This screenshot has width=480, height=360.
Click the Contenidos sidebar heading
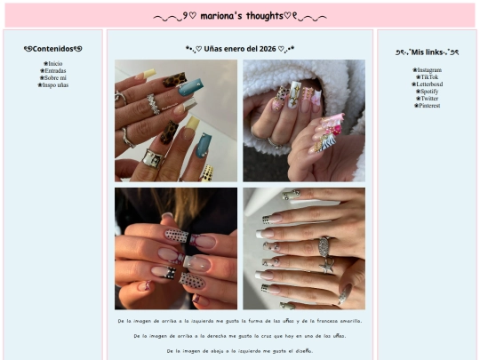point(53,49)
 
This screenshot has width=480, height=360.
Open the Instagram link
point(428,69)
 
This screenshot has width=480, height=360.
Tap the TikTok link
point(428,77)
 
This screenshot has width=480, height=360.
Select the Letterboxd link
point(428,84)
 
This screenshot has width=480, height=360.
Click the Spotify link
point(428,92)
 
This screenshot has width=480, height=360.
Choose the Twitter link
point(428,99)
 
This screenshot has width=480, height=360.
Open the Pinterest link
point(428,106)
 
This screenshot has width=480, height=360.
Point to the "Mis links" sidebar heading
point(428,52)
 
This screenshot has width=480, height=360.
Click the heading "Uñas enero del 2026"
point(240,49)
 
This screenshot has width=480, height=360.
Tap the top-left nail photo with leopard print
point(176,121)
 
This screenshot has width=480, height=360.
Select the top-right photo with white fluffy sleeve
point(304,121)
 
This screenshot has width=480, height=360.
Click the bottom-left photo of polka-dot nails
point(176,248)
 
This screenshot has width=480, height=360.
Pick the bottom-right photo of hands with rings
point(304,248)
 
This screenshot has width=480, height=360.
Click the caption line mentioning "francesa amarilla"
point(240,320)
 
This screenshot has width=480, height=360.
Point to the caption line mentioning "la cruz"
point(240,336)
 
